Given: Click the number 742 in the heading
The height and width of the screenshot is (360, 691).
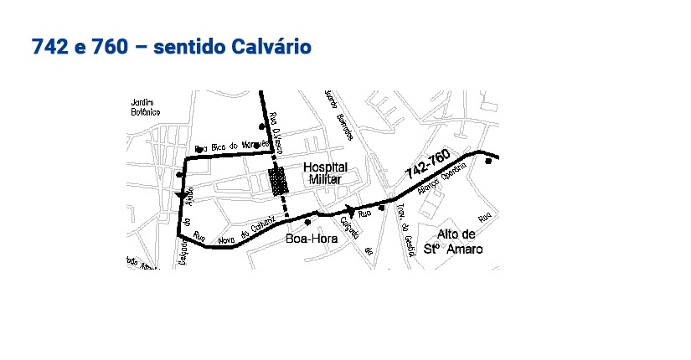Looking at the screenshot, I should pos(49,47).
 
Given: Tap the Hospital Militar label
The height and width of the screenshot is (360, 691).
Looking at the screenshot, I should pos(325,173).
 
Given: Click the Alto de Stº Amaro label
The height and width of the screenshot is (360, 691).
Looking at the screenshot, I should pos(456,241).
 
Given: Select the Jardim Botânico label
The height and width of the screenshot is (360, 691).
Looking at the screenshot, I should pos(145,107).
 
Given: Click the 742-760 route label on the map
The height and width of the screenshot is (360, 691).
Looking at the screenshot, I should pos(427,164).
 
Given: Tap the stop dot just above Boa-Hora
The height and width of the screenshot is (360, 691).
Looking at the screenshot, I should pos(308,223).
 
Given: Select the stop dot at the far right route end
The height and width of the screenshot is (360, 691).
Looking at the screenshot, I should pos(488,162).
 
